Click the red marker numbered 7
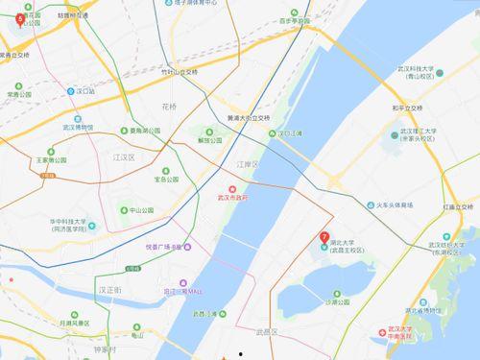[x=324, y=236]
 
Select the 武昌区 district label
[x=265, y=331]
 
